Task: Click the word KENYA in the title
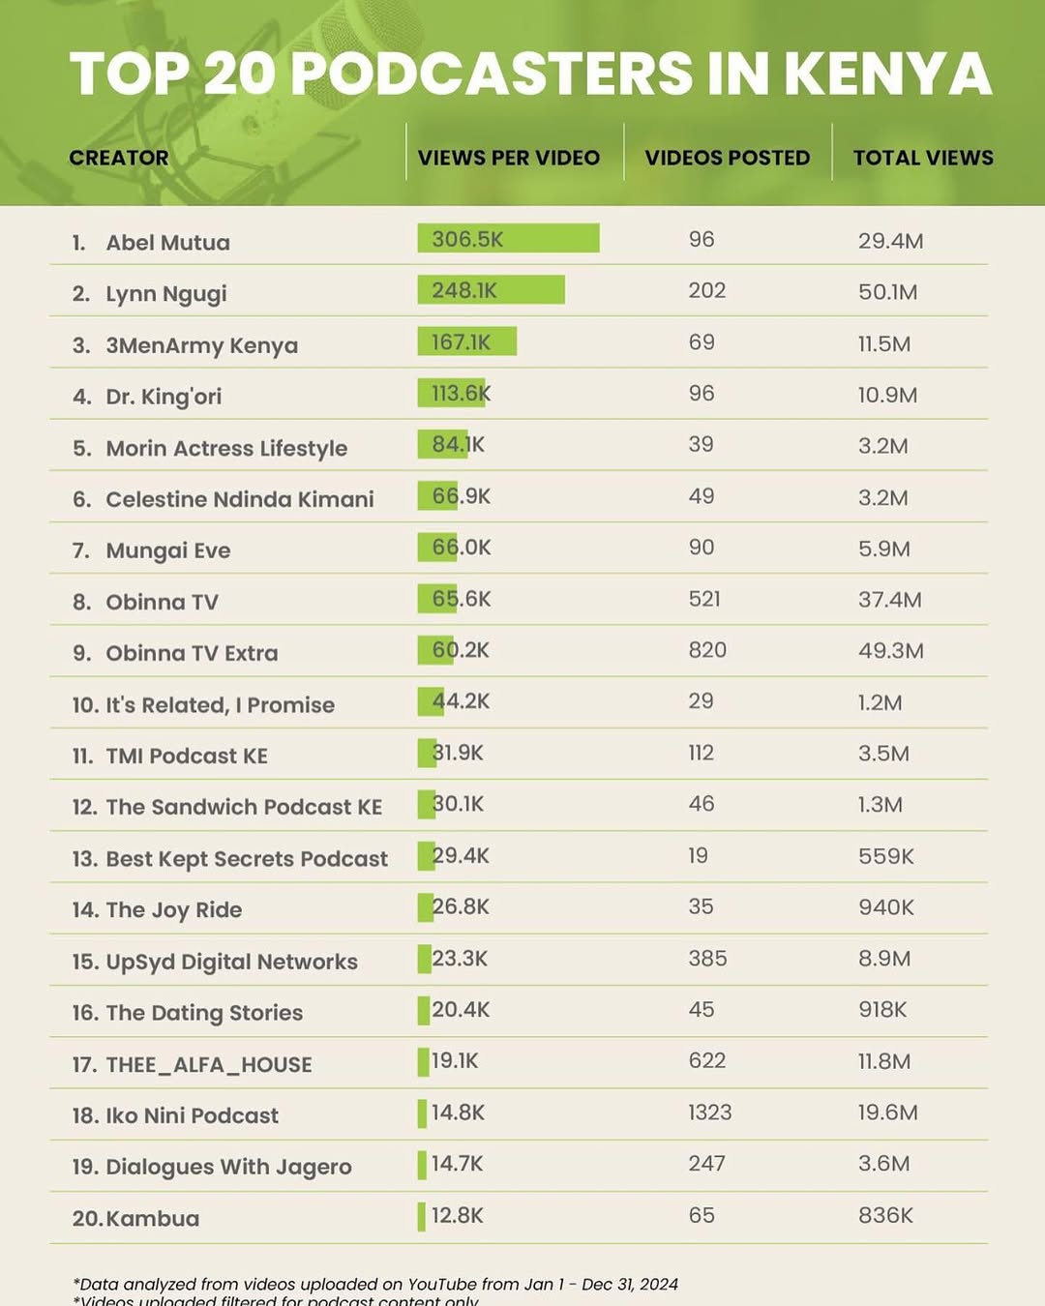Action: (887, 74)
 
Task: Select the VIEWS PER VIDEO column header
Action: (508, 158)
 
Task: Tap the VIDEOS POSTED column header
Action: (727, 158)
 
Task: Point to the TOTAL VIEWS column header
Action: (922, 158)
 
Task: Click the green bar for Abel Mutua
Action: (508, 239)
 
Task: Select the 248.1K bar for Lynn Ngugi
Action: (491, 290)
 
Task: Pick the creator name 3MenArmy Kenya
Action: (201, 345)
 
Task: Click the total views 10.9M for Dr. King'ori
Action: (887, 395)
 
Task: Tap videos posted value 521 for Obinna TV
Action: (704, 599)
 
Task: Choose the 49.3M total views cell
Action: (890, 651)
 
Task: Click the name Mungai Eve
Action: (167, 550)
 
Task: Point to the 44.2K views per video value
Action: (461, 701)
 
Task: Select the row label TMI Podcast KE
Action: (187, 756)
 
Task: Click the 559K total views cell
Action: (885, 856)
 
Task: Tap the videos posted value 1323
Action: (709, 1113)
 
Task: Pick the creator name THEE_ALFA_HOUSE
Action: (208, 1064)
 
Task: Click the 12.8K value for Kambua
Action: (457, 1215)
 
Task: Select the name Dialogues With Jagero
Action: (228, 1167)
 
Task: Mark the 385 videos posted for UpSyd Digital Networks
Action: (707, 959)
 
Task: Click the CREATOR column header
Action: (118, 158)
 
